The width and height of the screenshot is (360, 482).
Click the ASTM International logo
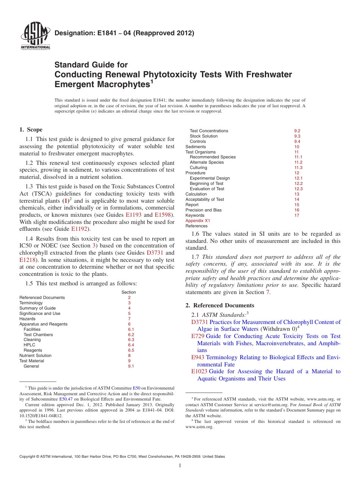point(35,36)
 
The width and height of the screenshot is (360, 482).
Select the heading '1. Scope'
point(31,130)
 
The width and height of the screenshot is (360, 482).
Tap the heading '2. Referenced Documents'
point(220,305)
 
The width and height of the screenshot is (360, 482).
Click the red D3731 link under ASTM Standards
point(199,322)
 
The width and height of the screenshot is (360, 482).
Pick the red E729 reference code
point(198,336)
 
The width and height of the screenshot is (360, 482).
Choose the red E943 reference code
point(198,357)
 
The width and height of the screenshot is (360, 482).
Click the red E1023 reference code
point(199,371)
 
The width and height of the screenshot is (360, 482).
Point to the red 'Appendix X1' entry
point(197,221)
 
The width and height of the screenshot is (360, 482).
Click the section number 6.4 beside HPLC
point(131,345)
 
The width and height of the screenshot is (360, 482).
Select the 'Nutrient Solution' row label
point(35,355)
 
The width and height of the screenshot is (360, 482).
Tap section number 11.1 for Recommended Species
point(298,157)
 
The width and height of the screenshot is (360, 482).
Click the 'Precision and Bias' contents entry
point(203,210)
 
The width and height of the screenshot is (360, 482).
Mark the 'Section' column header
point(128,292)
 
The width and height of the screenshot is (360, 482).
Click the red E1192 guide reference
point(80,229)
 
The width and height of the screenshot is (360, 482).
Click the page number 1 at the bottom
point(180,466)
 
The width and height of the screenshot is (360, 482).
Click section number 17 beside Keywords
point(297,215)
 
